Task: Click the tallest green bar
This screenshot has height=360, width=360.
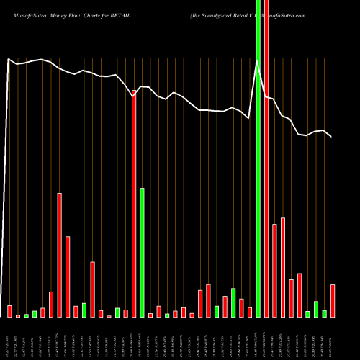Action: pos(258,158)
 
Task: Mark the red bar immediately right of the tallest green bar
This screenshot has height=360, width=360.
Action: pos(266,158)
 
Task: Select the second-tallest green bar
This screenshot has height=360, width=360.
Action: pos(142,252)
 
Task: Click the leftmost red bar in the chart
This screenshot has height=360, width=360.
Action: pos(9,311)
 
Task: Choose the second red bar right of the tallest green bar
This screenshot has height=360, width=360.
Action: pos(275,271)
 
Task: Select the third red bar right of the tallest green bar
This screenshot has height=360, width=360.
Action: pos(283,267)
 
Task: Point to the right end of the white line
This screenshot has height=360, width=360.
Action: pos(332,137)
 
